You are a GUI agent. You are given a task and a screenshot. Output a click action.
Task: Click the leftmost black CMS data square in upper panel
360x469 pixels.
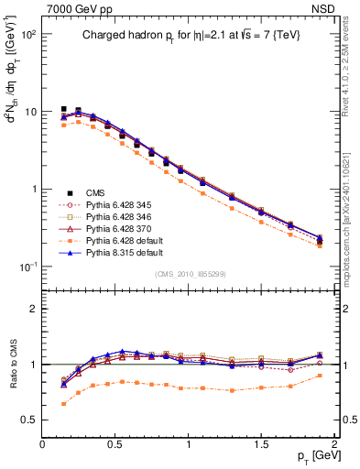point(63,109)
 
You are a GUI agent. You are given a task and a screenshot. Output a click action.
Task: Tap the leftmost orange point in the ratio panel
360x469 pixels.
point(63,403)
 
